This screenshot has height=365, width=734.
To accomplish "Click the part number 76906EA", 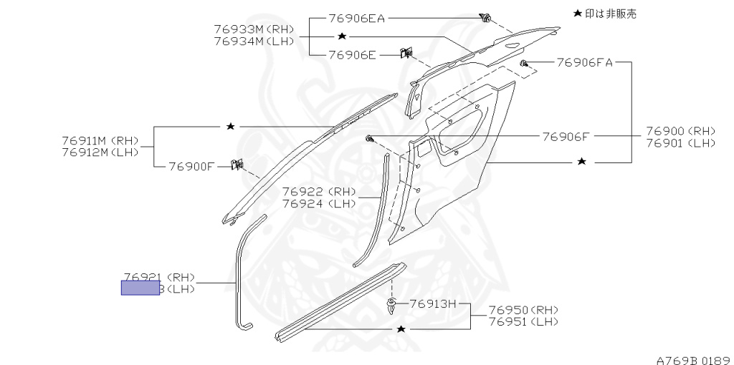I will [357, 18].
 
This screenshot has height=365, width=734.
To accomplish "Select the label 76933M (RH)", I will [254, 29].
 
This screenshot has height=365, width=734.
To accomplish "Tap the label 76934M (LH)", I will [254, 41].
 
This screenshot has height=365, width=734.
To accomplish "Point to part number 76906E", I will [353, 54].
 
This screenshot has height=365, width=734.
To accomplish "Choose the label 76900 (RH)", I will [680, 131].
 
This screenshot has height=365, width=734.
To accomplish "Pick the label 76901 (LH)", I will [680, 143].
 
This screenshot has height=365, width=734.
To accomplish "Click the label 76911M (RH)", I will [100, 140].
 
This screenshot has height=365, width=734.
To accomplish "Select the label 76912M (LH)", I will [100, 152].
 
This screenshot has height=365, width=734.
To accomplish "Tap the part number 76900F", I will [191, 166].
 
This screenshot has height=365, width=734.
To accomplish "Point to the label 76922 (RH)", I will [318, 191].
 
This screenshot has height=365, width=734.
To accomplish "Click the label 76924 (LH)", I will [318, 203].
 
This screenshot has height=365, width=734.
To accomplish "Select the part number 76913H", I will [433, 303].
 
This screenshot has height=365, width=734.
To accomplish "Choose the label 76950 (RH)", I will [523, 310].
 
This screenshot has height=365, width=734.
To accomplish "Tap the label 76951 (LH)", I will [523, 322].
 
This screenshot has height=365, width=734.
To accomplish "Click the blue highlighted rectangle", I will [140, 288].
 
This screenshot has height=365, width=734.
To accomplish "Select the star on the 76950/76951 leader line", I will [401, 328].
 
